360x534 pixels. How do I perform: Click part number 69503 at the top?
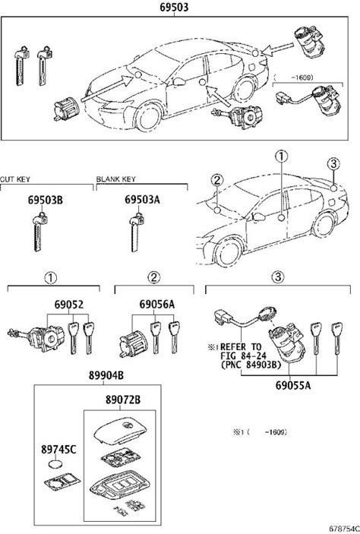point(174,7)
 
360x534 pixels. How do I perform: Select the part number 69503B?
point(46,200)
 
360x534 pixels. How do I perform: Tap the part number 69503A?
point(142,200)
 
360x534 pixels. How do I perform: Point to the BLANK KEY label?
point(115,179)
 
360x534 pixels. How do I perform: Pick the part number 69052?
point(69,304)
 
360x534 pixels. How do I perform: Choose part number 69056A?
point(157,304)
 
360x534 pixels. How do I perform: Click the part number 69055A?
point(293,385)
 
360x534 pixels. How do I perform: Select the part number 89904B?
point(106,375)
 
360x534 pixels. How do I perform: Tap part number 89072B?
point(122,400)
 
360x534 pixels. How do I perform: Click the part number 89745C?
point(58,450)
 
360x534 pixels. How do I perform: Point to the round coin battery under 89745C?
point(55,464)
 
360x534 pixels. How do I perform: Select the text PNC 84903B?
point(251,365)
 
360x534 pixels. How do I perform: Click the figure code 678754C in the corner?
point(343,529)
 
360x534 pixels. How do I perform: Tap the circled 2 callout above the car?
point(217,180)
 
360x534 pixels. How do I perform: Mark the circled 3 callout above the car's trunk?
point(333,164)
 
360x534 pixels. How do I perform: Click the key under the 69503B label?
point(39,232)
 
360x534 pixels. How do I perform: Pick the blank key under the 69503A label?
point(135,232)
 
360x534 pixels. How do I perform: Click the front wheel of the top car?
point(149,117)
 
